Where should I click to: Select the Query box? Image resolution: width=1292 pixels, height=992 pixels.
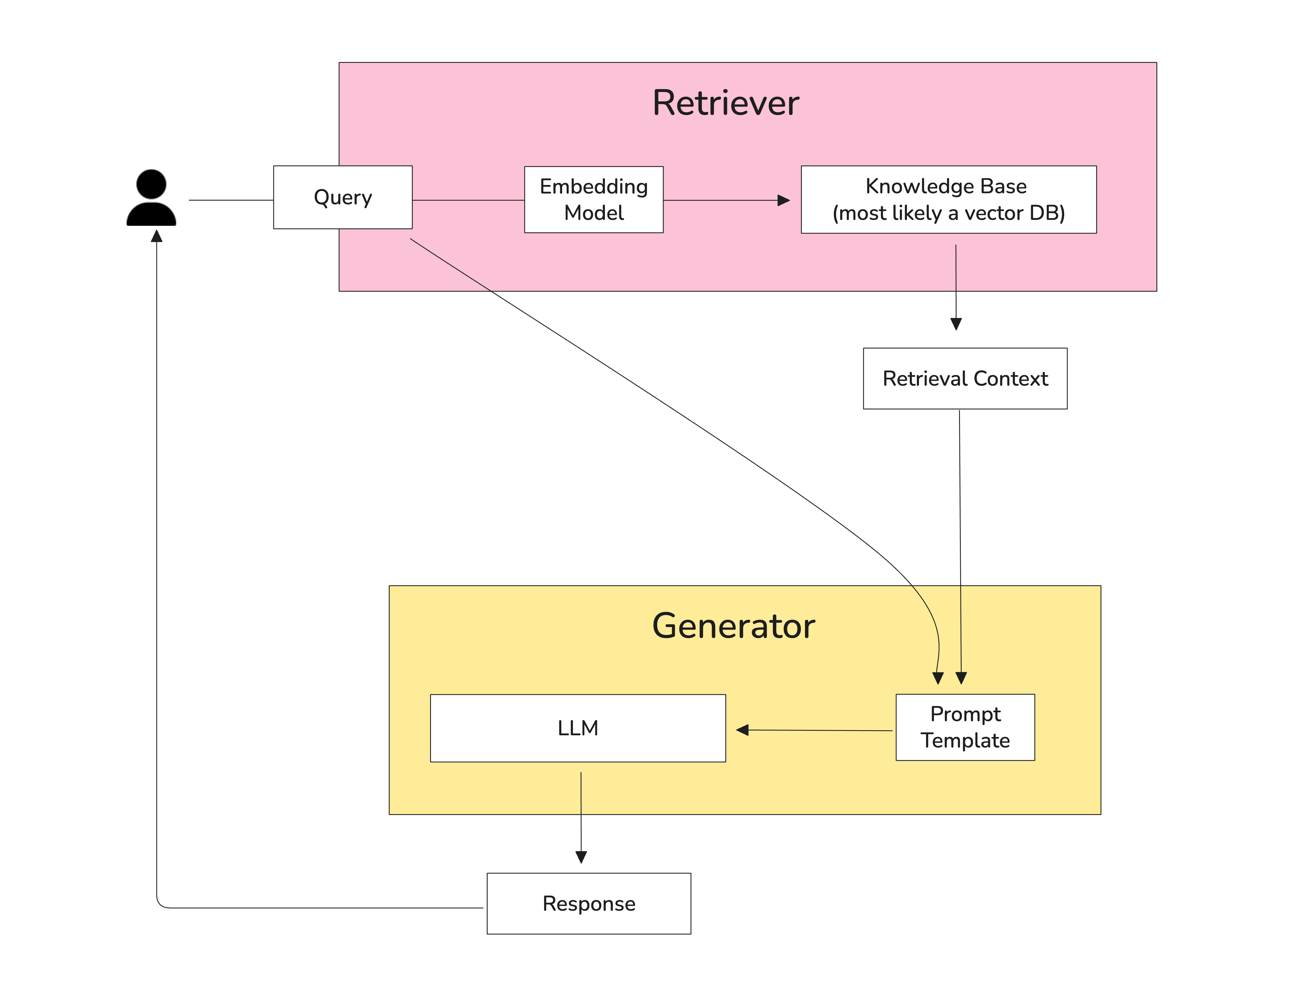pos(343,197)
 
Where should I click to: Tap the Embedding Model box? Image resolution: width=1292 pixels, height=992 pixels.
pos(594,199)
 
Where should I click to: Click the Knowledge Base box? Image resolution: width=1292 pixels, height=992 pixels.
pos(948,199)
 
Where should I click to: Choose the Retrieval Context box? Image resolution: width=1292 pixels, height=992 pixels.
pos(965,379)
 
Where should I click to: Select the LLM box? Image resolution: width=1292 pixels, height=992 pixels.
pos(577,728)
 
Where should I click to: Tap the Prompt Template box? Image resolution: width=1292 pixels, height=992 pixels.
pos(965,727)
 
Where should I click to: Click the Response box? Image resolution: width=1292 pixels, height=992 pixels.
pos(589,903)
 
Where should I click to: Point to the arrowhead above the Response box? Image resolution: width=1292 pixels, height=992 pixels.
pos(581,857)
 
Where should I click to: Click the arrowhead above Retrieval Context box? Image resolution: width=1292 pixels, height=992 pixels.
pos(956,324)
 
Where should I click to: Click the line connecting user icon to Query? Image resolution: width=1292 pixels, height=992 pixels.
pos(230,200)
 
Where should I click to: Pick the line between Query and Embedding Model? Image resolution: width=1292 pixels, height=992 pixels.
pos(468,200)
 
